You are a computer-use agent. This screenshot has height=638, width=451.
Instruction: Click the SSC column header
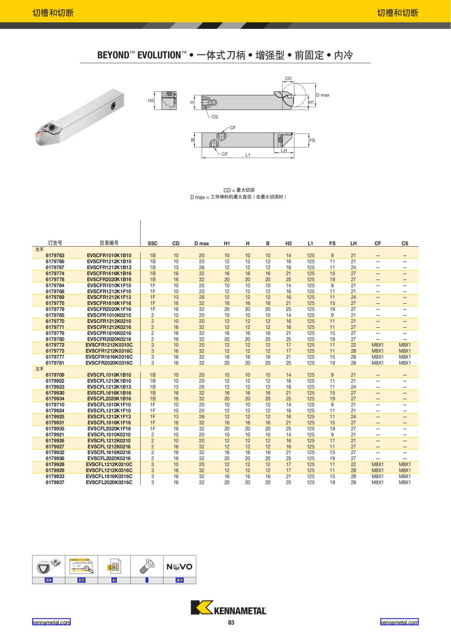(152, 243)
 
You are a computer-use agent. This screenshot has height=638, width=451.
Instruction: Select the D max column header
(201, 243)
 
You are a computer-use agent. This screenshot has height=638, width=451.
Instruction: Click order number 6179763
(55, 255)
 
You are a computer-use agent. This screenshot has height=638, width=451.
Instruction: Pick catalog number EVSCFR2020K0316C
(109, 363)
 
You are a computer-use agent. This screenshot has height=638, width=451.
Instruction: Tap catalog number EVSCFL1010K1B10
(109, 375)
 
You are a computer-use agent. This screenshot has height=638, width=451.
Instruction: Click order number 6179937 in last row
(55, 482)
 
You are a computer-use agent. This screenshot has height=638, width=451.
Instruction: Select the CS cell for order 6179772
(405, 345)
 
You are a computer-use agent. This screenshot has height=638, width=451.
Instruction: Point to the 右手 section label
(39, 249)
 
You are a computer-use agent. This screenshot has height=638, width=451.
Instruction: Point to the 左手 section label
(39, 369)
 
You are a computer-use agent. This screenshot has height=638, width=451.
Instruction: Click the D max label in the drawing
(322, 95)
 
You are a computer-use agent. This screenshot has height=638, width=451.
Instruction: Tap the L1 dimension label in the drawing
(248, 155)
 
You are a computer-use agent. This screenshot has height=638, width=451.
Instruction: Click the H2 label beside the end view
(151, 101)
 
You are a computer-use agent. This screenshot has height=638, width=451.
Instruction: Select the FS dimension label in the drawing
(312, 140)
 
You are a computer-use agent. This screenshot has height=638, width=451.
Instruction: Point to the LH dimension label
(284, 150)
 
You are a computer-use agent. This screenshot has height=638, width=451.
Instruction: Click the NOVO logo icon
(179, 567)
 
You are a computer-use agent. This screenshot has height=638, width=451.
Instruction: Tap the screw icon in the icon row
(147, 566)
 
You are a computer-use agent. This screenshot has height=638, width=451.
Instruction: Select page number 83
(231, 623)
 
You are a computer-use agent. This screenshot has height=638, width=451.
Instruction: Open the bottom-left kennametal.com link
(51, 622)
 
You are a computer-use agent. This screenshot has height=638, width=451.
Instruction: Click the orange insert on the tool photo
(39, 133)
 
